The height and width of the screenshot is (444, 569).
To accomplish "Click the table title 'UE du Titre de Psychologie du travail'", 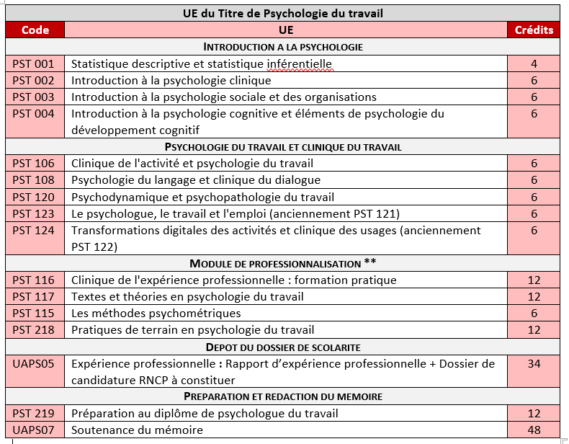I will coord(282,13).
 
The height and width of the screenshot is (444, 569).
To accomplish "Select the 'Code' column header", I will coord(35,30).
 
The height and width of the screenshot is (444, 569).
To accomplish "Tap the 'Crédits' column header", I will coord(534,30).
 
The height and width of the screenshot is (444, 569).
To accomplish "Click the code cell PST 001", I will coord(34,63).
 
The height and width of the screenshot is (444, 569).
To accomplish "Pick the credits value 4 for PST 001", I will coord(534,63).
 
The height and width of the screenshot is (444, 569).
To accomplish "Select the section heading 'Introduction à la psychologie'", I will coord(282,47).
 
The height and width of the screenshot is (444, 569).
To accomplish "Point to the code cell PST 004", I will coord(34,114).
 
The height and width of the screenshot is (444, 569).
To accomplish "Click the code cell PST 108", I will coord(34,180).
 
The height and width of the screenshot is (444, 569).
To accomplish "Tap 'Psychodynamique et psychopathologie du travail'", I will coord(202,197).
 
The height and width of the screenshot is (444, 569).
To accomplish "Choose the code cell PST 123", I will coord(34,213).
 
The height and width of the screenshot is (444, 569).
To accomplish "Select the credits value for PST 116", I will coord(534,280).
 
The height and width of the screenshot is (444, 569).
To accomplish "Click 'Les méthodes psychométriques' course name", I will coord(156,313).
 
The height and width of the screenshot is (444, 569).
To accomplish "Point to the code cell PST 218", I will coord(34,330).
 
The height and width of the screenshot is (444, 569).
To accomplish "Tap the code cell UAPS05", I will coord(34,364).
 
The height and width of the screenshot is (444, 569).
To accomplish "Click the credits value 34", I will coord(534,364).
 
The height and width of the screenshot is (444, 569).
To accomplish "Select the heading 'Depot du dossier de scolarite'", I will coord(282,347).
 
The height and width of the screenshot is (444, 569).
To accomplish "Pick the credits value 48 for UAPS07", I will coord(534,430).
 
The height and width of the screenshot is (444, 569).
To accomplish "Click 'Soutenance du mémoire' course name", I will coord(137,430).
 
